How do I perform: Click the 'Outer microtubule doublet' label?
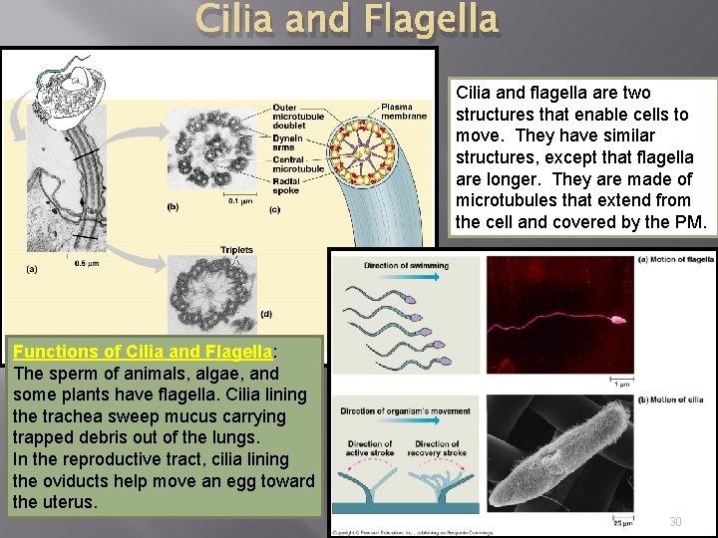tap(297, 114)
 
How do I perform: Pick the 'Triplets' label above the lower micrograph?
tap(236, 250)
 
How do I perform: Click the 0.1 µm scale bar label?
tap(240, 201)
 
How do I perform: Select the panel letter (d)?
tap(266, 313)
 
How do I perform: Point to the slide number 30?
tap(675, 522)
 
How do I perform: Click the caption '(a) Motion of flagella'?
tap(675, 259)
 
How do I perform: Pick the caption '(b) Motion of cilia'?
tap(670, 400)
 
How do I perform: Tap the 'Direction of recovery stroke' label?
tap(437, 448)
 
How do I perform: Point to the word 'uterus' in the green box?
tap(69, 502)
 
